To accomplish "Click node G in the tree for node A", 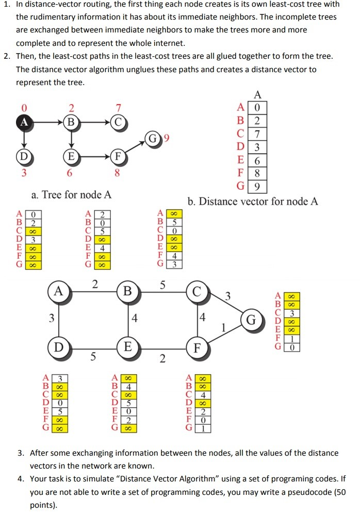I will pyautogui.click(x=152, y=139).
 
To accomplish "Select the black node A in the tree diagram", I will pyautogui.click(x=23, y=123).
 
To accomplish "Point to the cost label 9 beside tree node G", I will pyautogui.click(x=166, y=139).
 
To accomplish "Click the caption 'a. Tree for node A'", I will pyautogui.click(x=71, y=194).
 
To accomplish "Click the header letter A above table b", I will pyautogui.click(x=257, y=94).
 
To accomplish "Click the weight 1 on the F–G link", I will pyautogui.click(x=224, y=328).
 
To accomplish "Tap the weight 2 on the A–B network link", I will pyautogui.click(x=94, y=282).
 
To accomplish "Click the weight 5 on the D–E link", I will pyautogui.click(x=93, y=356).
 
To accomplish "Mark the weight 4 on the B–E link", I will pyautogui.click(x=135, y=319).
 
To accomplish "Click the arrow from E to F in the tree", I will pyautogui.click(x=95, y=155).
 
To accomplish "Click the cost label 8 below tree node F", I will pyautogui.click(x=118, y=174).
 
